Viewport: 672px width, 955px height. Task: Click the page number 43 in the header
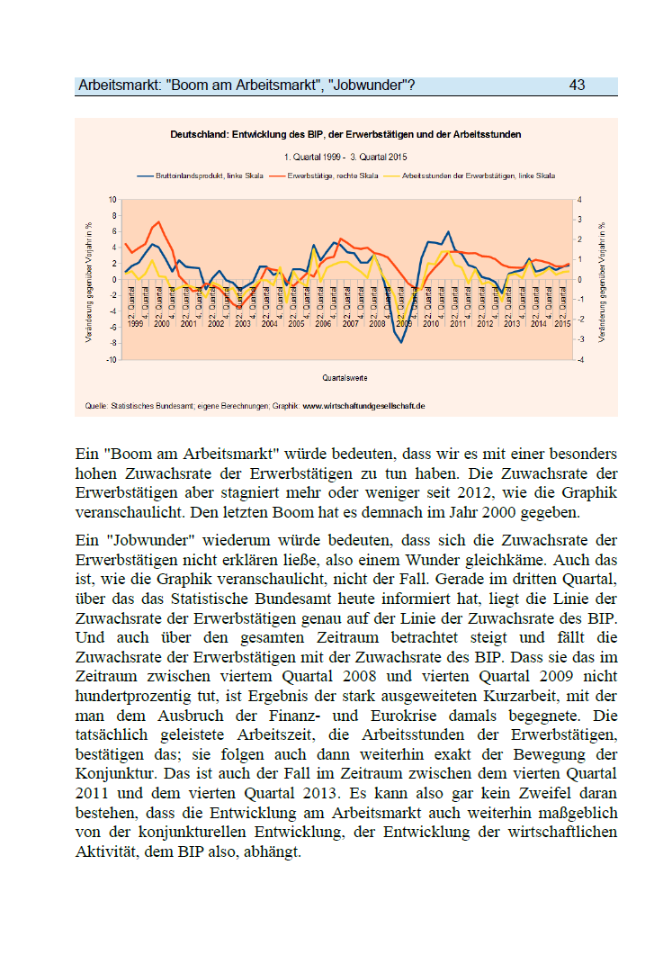577,86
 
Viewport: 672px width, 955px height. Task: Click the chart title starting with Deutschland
346,134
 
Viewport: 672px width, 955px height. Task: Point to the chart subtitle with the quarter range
346,157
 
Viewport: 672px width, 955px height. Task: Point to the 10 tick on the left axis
112,199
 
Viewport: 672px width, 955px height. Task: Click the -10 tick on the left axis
111,359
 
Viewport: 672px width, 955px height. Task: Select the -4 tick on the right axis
580,359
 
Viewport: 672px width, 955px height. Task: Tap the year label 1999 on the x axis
135,323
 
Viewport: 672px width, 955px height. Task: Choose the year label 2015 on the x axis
561,323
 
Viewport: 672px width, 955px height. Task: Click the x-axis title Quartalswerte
345,377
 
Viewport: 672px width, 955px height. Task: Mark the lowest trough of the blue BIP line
401,342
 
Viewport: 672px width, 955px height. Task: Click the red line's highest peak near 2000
159,221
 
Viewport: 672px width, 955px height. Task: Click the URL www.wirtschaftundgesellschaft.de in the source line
363,406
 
